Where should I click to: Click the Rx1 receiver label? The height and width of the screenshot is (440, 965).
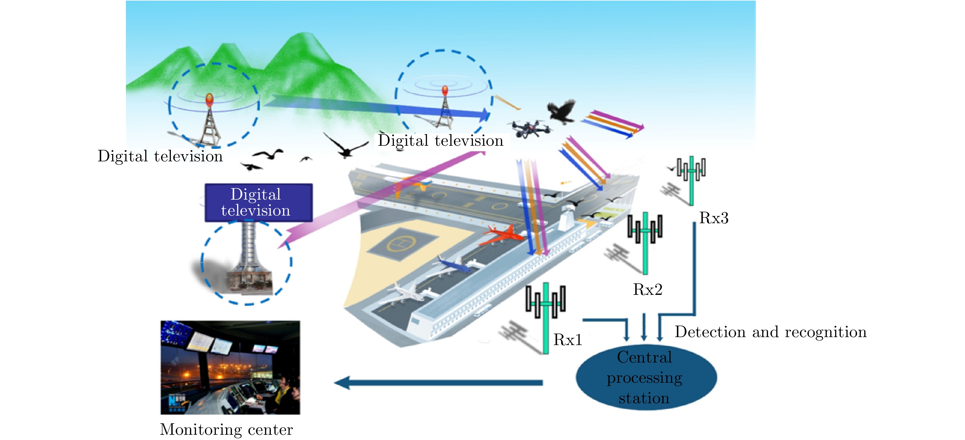coord(568,340)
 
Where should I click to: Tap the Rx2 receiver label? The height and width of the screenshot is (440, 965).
coord(648,289)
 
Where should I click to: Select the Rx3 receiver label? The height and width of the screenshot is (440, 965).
coord(713,218)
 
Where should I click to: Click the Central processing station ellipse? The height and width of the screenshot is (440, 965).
coord(646,377)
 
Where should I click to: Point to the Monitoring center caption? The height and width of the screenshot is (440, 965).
coord(226,429)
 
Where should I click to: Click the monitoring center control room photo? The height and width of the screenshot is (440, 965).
coord(230,367)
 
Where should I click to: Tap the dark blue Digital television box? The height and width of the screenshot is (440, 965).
coord(259,203)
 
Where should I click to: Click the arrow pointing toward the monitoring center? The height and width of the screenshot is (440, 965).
coord(438,383)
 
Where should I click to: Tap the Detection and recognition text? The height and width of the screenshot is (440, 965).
coord(770,332)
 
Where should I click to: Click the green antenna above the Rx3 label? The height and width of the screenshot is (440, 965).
coord(691,179)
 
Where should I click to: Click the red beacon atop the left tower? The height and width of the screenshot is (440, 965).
coord(210,100)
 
